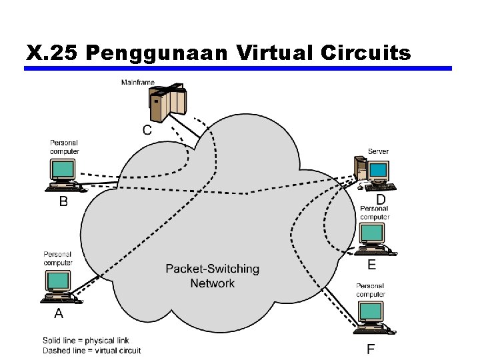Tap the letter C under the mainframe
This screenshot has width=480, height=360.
click(147, 130)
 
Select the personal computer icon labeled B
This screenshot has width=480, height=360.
click(65, 174)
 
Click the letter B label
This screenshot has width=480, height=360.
click(63, 201)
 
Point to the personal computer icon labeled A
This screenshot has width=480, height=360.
click(59, 285)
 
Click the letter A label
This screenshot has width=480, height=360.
click(59, 313)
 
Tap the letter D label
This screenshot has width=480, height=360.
click(381, 199)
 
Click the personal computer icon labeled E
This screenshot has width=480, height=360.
click(373, 238)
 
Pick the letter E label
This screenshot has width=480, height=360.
click(371, 265)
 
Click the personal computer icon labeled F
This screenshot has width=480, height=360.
click(373, 317)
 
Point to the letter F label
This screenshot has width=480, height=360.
click(371, 349)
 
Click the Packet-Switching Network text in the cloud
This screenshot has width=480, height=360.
click(212, 276)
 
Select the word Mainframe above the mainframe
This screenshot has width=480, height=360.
click(137, 83)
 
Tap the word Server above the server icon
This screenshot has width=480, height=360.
click(378, 151)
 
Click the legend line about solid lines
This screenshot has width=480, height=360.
click(86, 341)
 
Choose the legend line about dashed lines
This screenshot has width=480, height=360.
click(91, 351)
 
